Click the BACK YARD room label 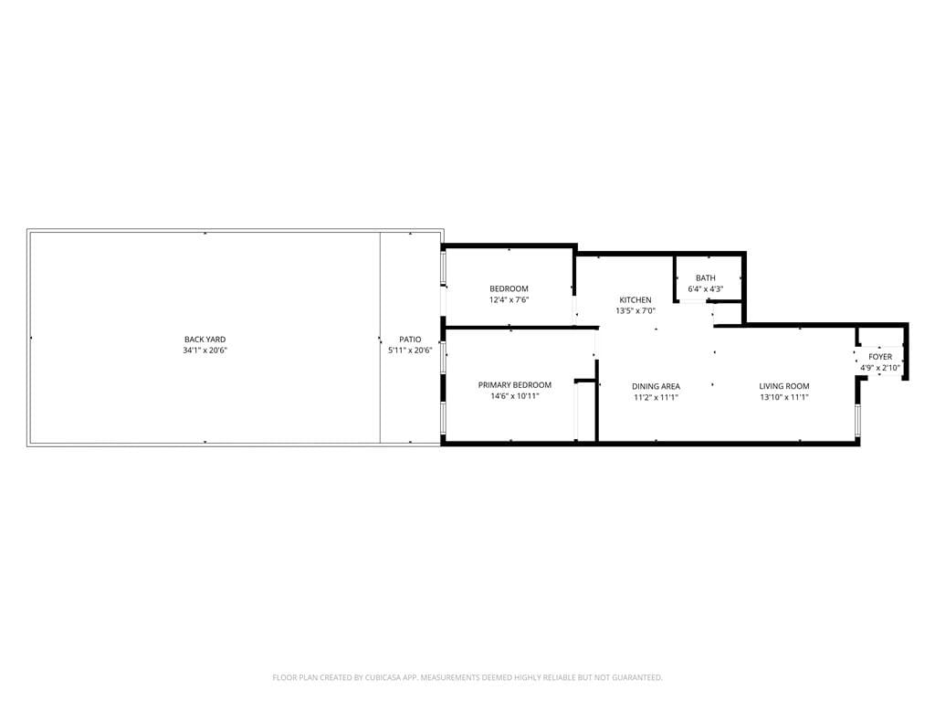(x=205, y=340)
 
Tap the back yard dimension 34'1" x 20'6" (x=205, y=350)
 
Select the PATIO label (x=410, y=340)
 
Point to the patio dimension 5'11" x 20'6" (x=410, y=350)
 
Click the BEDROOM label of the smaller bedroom (x=509, y=289)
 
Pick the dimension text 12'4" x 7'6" (x=509, y=300)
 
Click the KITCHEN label (x=636, y=300)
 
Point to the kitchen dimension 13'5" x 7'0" (x=636, y=311)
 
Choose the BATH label (x=706, y=278)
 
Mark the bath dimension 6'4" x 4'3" (x=706, y=289)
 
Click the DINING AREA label (x=656, y=386)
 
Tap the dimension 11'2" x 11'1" (x=656, y=397)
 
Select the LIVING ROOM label (x=784, y=386)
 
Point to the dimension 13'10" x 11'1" (x=784, y=397)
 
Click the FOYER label (x=880, y=357)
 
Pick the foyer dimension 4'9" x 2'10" (x=880, y=368)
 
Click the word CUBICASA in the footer (x=389, y=677)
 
